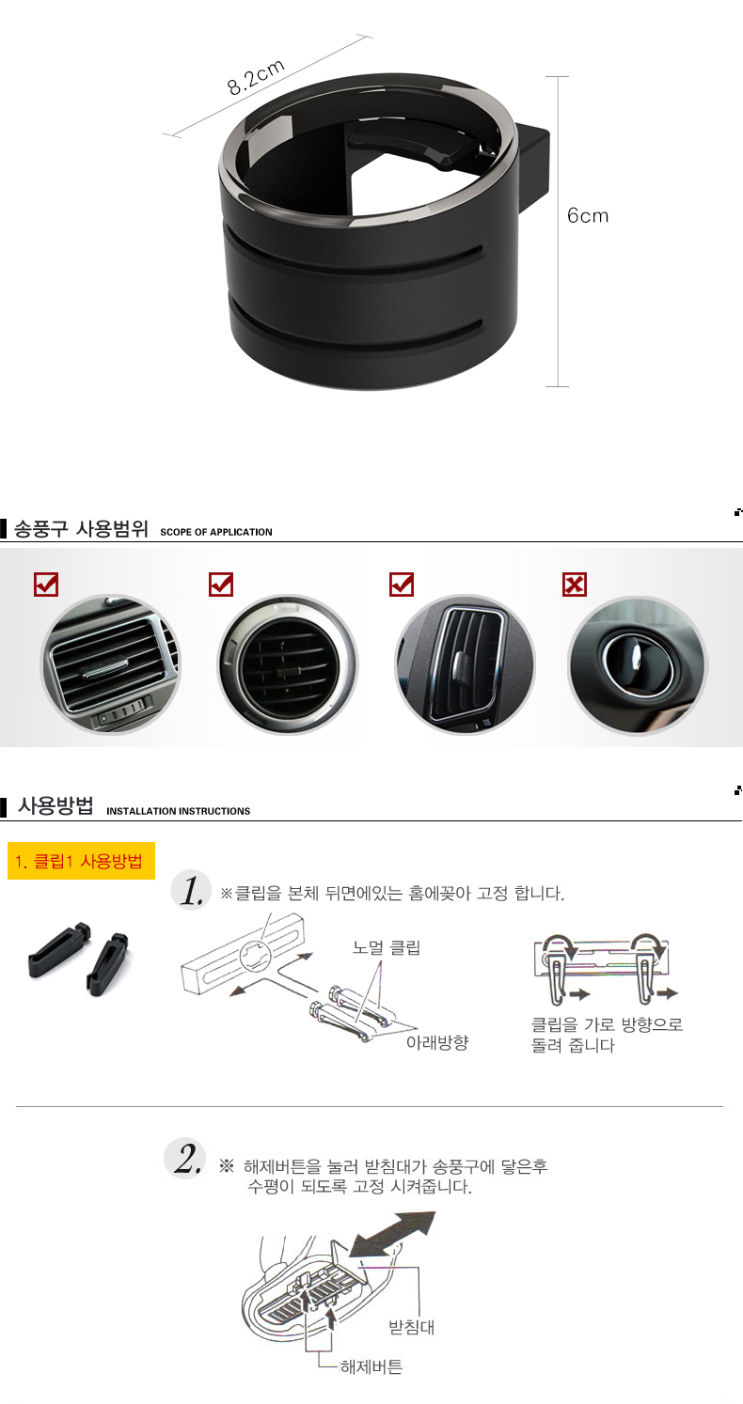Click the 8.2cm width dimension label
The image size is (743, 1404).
[256, 78]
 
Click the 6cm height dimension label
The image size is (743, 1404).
[588, 215]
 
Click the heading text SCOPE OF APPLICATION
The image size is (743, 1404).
[216, 532]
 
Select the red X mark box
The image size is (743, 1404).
[575, 585]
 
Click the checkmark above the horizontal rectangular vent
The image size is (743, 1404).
[46, 585]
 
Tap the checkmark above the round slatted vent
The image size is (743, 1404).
[221, 585]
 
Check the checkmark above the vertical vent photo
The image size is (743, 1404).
[402, 585]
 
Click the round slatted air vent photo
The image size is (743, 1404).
[288, 665]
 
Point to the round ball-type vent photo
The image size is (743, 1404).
[638, 665]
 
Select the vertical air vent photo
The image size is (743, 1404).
[465, 665]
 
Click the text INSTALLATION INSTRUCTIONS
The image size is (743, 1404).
[178, 811]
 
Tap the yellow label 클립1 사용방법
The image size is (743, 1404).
[81, 861]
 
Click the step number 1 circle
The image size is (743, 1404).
[191, 889]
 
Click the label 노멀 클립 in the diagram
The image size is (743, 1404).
[387, 947]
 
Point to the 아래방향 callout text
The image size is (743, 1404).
[437, 1042]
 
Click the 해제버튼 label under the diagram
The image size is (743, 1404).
[371, 1366]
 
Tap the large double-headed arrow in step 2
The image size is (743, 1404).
[392, 1234]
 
